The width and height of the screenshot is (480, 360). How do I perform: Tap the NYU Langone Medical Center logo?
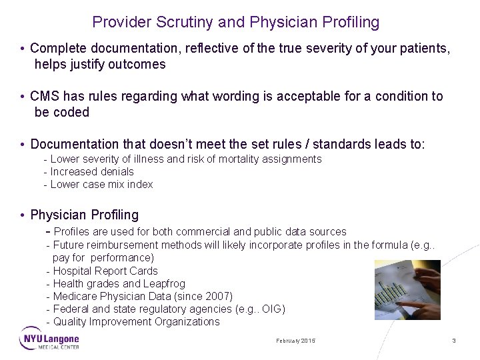[x=49, y=339]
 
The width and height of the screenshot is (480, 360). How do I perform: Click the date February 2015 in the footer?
[x=295, y=341]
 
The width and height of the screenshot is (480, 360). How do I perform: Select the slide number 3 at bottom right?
[x=454, y=341]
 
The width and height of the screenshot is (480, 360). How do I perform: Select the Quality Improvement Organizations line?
[x=136, y=321]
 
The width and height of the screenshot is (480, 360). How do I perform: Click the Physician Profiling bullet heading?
[x=85, y=215]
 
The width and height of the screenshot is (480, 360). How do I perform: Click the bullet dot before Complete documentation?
[x=23, y=49]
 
